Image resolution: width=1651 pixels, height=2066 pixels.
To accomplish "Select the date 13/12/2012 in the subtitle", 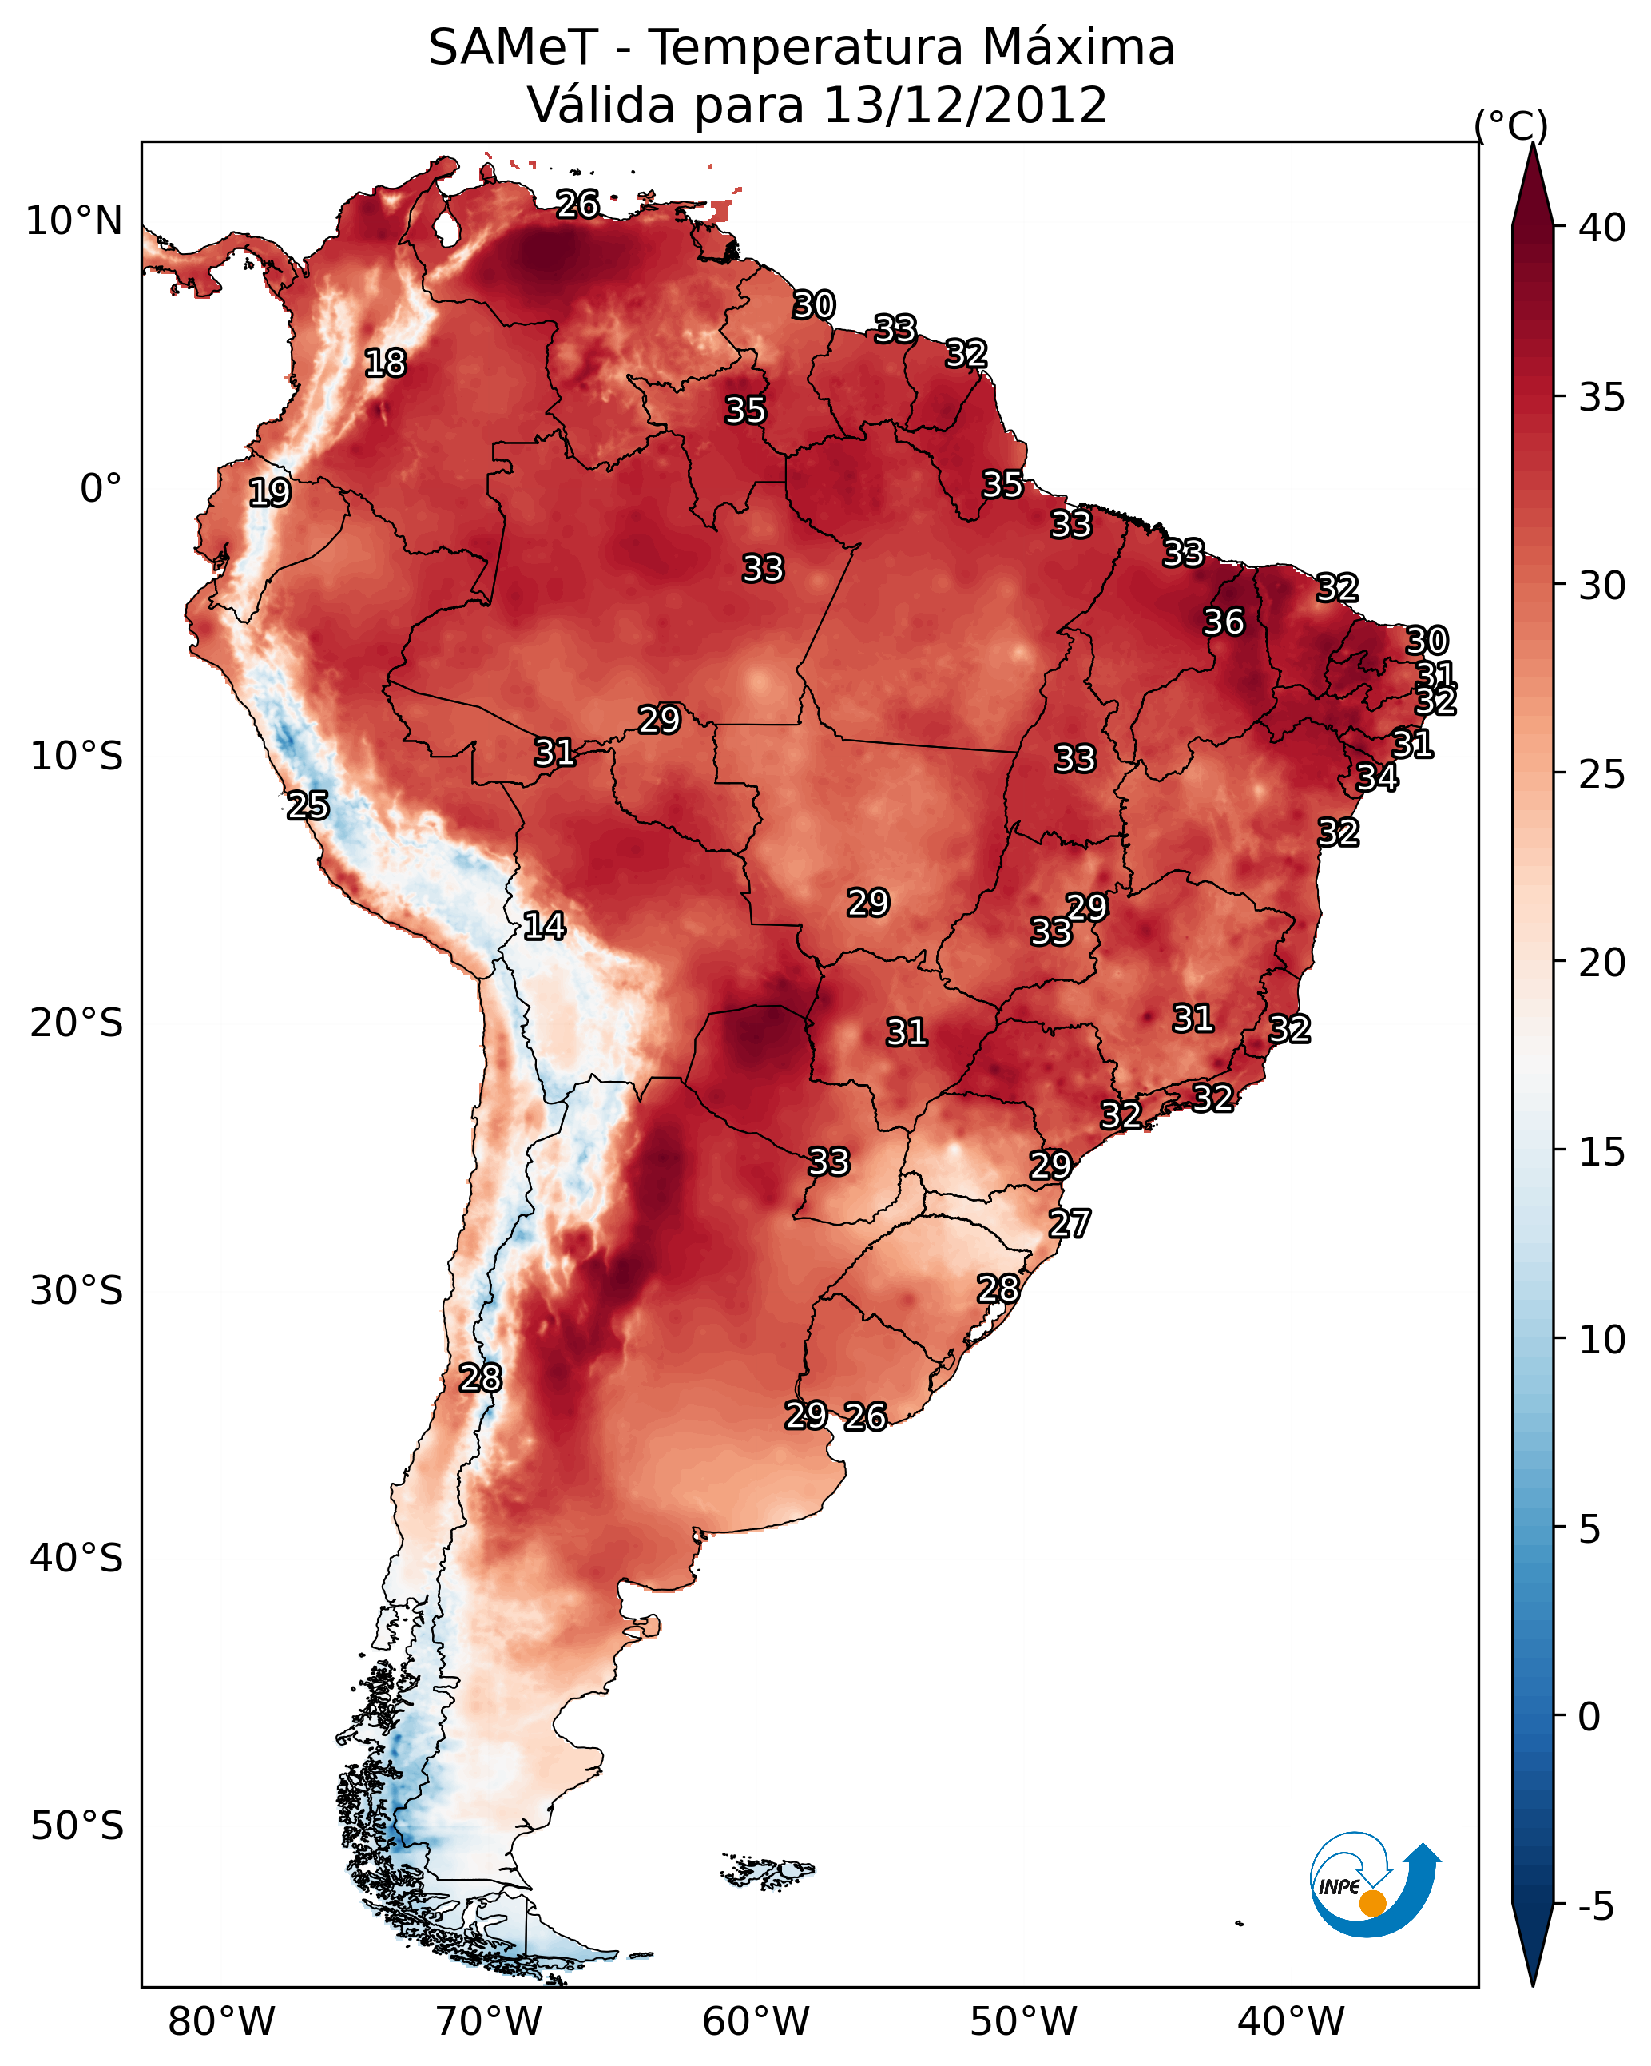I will tap(965, 105).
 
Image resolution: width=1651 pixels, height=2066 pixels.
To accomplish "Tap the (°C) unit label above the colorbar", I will tap(1510, 125).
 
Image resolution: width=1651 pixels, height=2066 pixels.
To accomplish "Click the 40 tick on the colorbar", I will tap(1602, 228).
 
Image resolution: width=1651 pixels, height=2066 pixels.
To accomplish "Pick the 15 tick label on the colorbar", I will tap(1602, 1153).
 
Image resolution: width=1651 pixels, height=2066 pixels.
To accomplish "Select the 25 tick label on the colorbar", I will tap(1602, 774).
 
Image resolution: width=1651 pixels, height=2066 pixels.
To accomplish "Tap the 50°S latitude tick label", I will tap(77, 1826).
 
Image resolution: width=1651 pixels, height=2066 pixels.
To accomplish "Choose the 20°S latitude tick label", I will tap(77, 1023).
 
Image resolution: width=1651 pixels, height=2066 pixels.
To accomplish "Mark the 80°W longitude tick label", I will tap(221, 2021).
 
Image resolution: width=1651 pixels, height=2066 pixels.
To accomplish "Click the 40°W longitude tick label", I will tap(1291, 2021).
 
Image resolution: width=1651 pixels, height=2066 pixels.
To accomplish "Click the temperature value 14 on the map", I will tap(544, 926).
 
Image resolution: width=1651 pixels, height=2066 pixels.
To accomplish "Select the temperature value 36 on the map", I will tap(1224, 622).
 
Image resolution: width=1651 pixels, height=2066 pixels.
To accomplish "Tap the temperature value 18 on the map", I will tap(385, 364).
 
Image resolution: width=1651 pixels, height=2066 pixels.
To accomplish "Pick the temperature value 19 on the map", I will tap(269, 493).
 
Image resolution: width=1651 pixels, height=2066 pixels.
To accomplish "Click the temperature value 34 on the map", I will tap(1377, 777).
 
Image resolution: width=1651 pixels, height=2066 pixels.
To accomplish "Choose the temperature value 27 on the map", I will tap(1070, 1224).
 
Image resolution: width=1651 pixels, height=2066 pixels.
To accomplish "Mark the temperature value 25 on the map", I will tap(308, 806).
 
